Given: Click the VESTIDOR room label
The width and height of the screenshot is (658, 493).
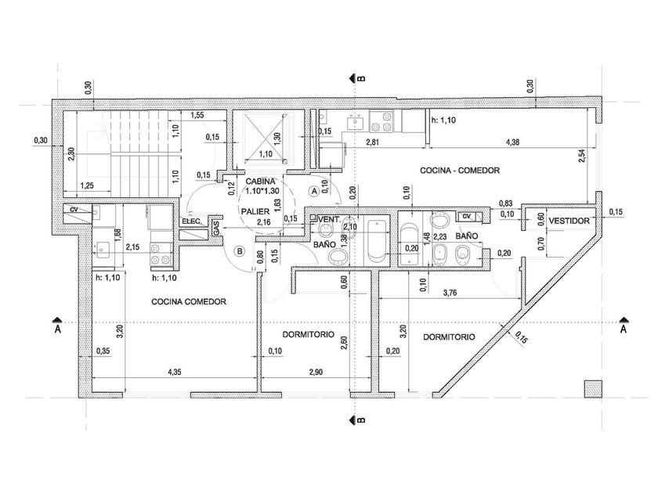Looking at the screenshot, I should (568, 221).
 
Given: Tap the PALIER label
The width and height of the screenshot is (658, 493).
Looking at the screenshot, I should (256, 212).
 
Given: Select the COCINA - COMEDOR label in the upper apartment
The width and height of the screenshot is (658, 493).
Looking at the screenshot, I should (460, 170).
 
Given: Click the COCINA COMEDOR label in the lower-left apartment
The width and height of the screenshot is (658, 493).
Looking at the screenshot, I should (189, 301).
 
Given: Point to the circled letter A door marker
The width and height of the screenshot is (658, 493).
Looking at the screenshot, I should (313, 190).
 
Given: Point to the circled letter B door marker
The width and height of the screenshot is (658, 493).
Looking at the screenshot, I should (240, 251).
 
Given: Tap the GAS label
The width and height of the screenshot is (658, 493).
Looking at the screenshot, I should (215, 227).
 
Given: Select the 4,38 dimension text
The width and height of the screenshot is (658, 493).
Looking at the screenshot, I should (513, 142).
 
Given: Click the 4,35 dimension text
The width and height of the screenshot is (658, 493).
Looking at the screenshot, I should (174, 372).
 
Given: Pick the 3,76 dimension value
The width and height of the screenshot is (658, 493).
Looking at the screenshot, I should (450, 293).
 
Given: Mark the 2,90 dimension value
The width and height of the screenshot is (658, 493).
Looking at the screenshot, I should (314, 372).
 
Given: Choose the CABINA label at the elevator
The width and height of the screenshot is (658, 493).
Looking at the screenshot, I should (260, 181).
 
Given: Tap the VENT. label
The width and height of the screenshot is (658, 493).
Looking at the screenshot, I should (327, 219).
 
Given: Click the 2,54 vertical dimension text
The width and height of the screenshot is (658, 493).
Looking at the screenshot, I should (580, 157).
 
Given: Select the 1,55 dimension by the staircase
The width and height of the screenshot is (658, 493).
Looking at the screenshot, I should (197, 116).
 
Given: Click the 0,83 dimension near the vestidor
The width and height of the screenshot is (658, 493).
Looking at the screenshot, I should (506, 203).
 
